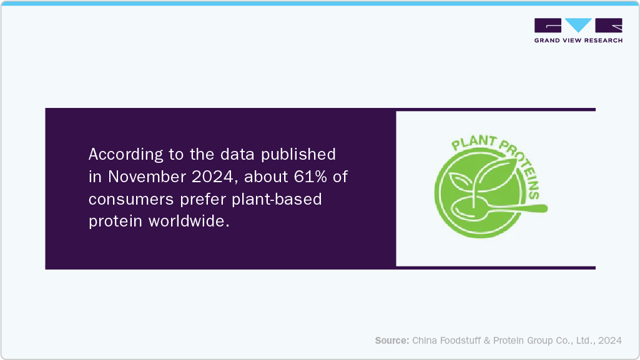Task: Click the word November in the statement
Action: coord(140,177)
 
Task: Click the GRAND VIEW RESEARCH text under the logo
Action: coord(578,41)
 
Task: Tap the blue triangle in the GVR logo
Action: coord(578,25)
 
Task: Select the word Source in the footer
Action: coord(391,341)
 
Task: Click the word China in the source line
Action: coord(425,341)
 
